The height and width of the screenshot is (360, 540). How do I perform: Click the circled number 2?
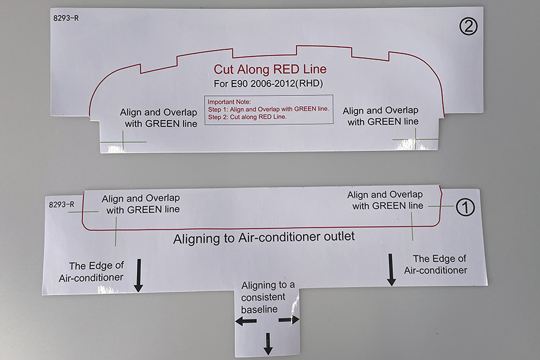click(469, 26)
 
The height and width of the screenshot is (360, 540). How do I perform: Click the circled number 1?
click(465, 208)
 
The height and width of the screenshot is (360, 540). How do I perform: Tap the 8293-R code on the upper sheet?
click(66, 18)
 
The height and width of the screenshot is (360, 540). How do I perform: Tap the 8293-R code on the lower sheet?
click(62, 205)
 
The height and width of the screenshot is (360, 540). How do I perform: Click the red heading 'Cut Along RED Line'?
click(270, 69)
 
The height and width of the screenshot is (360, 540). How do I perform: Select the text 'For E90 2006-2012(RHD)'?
click(268, 84)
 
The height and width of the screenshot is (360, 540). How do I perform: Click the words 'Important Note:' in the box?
click(229, 102)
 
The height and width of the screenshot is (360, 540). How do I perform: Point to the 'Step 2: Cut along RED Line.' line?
click(247, 117)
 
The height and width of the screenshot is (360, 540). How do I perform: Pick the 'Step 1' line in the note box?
click(268, 109)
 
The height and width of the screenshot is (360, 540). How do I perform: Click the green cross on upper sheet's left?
click(123, 142)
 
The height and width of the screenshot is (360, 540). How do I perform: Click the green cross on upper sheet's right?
click(416, 139)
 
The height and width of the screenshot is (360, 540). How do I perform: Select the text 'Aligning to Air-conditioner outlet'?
click(264, 238)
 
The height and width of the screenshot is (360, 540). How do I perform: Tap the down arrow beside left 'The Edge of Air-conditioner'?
click(139, 275)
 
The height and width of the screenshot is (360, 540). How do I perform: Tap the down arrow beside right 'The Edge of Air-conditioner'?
click(391, 270)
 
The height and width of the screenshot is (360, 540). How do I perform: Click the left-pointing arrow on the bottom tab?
click(246, 322)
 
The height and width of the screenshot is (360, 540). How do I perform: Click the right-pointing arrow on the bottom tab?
click(289, 320)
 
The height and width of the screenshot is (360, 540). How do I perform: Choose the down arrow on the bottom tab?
click(268, 344)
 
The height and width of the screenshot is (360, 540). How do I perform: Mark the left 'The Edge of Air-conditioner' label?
click(91, 272)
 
